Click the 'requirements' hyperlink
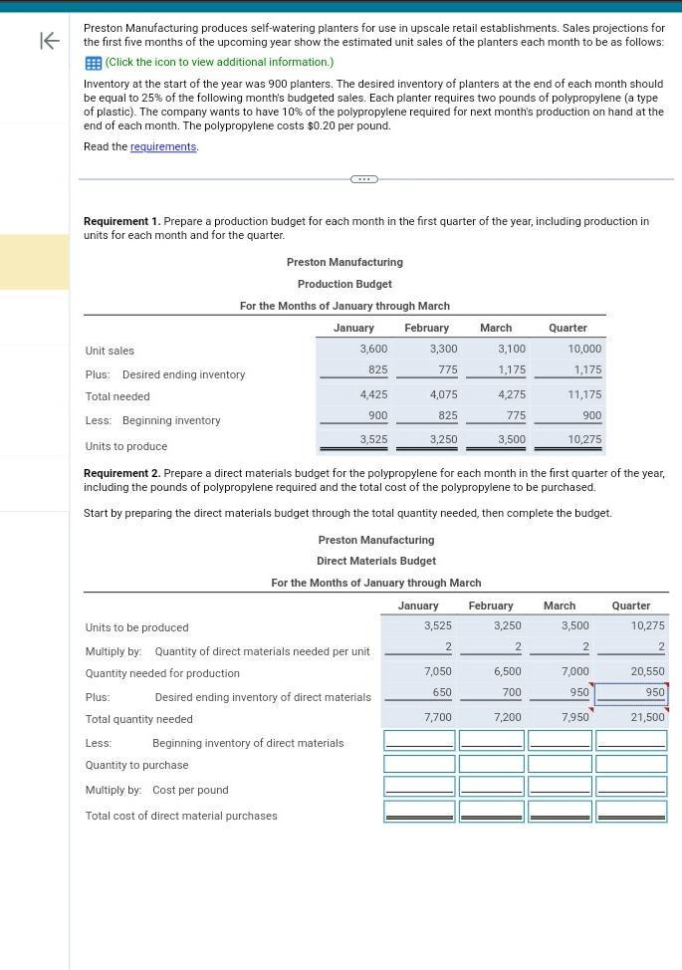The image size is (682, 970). click(163, 147)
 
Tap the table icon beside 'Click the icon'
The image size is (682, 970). click(93, 63)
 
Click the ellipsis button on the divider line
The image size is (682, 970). click(363, 179)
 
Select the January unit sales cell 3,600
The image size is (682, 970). click(373, 349)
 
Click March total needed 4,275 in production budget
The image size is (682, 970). click(511, 394)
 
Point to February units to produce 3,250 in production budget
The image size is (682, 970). click(443, 439)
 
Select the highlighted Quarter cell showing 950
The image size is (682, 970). click(631, 692)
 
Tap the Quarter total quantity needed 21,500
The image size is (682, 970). click(646, 717)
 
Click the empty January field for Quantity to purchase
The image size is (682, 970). click(419, 764)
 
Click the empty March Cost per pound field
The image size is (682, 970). click(560, 787)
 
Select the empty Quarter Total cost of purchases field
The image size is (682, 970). click(631, 812)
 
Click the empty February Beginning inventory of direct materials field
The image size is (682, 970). click(492, 740)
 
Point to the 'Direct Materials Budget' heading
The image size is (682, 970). click(376, 561)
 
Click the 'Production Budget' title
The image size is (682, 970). click(344, 284)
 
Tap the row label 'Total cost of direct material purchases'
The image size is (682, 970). click(181, 816)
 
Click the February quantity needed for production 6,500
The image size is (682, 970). click(507, 672)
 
